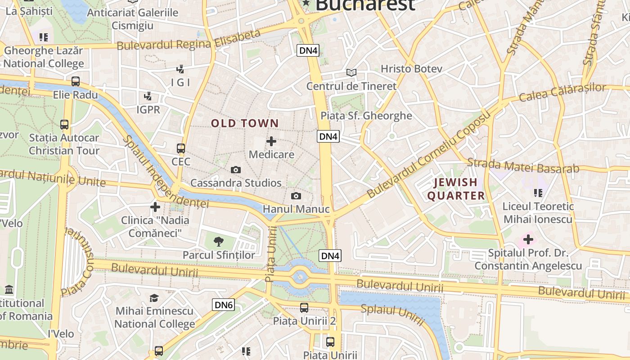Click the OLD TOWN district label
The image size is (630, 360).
245,123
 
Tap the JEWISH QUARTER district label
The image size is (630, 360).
456,189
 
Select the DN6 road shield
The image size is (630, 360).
224,305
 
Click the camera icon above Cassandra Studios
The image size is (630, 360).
235,170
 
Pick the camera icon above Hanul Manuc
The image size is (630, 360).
296,196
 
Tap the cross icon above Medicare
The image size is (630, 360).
271,141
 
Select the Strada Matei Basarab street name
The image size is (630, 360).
523,166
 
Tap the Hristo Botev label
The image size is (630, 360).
411,69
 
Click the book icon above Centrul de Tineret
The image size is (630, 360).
351,72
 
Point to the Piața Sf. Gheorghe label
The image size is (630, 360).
366,116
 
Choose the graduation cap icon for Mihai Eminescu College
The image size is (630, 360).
154,298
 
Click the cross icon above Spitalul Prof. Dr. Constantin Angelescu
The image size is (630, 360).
528,239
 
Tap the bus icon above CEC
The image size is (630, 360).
181,148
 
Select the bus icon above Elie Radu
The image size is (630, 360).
76,81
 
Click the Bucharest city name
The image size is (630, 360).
364,4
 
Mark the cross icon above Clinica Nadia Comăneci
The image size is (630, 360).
155,207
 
